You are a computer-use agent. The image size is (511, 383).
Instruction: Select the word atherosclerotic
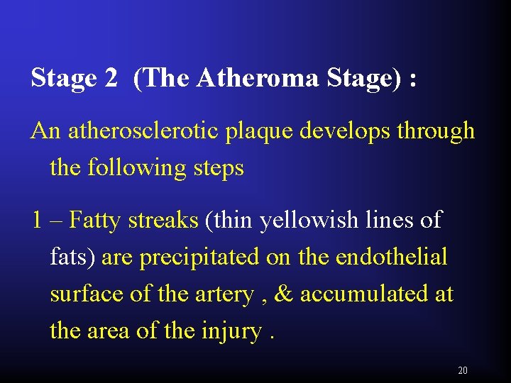tap(143, 131)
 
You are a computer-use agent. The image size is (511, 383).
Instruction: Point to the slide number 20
tap(463, 370)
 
